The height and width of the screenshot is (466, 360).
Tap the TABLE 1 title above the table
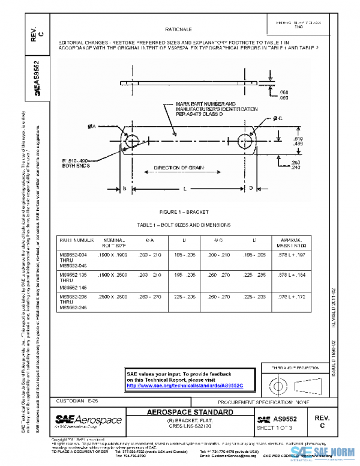click(x=183, y=225)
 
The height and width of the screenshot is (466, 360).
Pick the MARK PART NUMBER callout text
click(x=216, y=109)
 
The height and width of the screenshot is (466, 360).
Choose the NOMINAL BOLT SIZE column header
click(x=114, y=243)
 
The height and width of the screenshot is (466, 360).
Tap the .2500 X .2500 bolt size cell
click(x=114, y=297)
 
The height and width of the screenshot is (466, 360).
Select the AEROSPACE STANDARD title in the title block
click(x=190, y=413)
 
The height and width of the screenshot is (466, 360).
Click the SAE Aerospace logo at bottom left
click(x=88, y=420)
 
